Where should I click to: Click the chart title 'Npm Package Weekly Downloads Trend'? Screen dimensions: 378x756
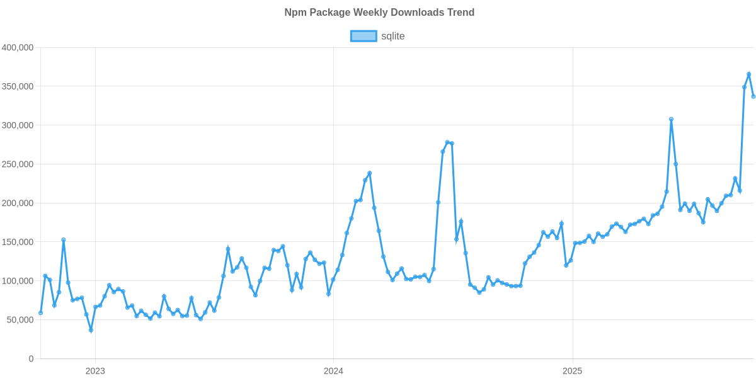click(378, 13)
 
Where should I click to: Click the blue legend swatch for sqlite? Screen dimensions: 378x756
click(363, 36)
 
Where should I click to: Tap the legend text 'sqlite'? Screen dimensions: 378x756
click(392, 36)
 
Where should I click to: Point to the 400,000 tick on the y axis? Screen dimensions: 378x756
click(18, 47)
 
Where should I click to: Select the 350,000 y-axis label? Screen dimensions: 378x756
click(18, 86)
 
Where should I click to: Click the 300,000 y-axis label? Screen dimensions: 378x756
click(18, 125)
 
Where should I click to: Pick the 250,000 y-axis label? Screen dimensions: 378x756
click(18, 164)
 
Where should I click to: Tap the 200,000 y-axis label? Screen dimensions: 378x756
click(18, 203)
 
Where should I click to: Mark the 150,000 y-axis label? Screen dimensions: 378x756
click(18, 242)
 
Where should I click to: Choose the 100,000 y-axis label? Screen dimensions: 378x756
click(18, 281)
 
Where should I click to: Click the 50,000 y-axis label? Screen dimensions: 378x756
click(20, 320)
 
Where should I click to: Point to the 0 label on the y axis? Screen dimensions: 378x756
click(30, 359)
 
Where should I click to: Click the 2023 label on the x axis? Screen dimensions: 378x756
click(94, 371)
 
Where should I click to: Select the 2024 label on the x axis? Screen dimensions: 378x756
click(333, 371)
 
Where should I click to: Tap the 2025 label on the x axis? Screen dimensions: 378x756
click(572, 371)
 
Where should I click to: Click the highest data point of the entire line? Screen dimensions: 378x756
click(749, 74)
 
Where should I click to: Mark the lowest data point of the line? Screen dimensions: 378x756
click(91, 330)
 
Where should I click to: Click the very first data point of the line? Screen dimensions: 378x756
click(40, 312)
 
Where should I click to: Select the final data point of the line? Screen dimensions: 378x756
click(753, 96)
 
